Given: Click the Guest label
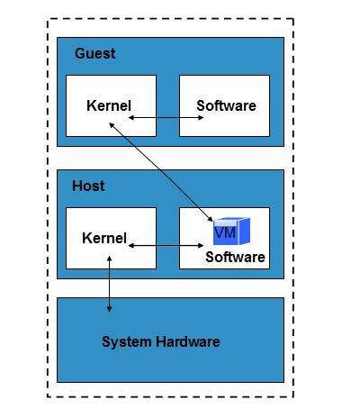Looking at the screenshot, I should coord(94,53).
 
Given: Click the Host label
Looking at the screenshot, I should coord(88,186).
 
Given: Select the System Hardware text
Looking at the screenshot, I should coord(160,341).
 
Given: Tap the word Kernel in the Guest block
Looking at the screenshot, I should coord(109,105).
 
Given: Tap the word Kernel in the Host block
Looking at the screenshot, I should coord(104,238).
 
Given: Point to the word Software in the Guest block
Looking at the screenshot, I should coord(226,105).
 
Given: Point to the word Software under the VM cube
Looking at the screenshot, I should coord(235,257).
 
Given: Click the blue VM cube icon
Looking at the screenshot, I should coord(230,232).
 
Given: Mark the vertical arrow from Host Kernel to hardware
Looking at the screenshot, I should coord(110,284).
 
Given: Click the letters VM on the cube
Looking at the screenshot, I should coord(225,233).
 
